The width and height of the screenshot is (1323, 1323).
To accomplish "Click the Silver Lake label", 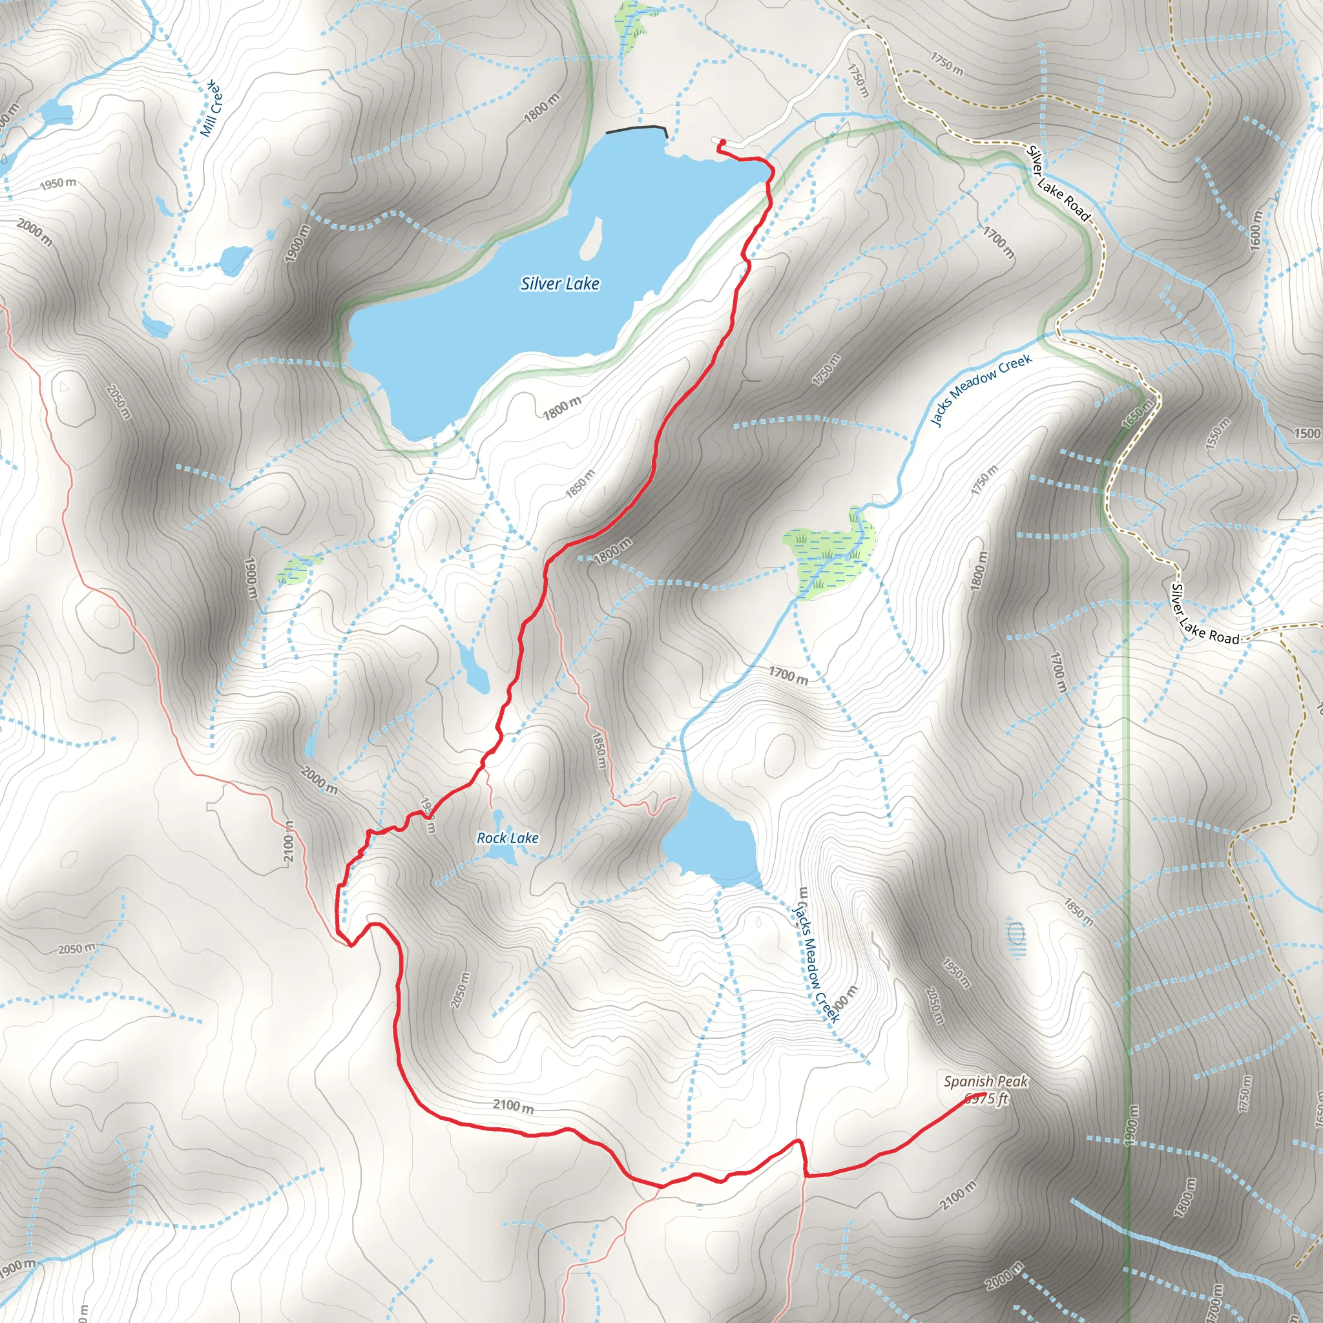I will click(559, 284).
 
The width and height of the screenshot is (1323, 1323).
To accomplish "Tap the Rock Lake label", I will click(507, 837).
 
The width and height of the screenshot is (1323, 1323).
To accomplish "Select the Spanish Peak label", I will click(985, 1081).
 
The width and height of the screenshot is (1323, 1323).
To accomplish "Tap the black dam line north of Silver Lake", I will click(636, 128).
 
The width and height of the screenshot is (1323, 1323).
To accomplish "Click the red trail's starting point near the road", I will click(722, 142).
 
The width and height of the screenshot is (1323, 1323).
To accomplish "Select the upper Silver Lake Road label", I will click(1057, 183).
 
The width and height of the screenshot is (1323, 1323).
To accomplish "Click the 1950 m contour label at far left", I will click(57, 183).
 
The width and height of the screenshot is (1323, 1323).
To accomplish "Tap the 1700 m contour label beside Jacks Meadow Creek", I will click(787, 675).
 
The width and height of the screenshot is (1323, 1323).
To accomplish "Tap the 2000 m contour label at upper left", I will click(34, 232).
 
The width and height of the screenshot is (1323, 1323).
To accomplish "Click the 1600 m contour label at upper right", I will click(1255, 229).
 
